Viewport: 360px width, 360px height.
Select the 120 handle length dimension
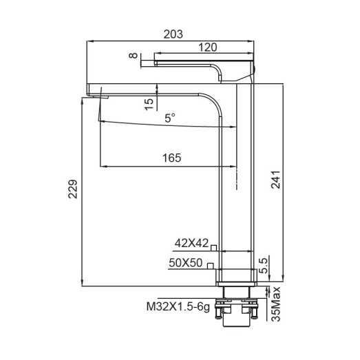207,47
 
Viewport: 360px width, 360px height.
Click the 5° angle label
169,119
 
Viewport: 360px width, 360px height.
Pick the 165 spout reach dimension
171,158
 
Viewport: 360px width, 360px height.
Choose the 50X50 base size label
185,262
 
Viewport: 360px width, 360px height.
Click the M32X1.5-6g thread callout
177,308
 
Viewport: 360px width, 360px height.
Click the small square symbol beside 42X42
214,247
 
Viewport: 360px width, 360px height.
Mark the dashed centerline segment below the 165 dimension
236,178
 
